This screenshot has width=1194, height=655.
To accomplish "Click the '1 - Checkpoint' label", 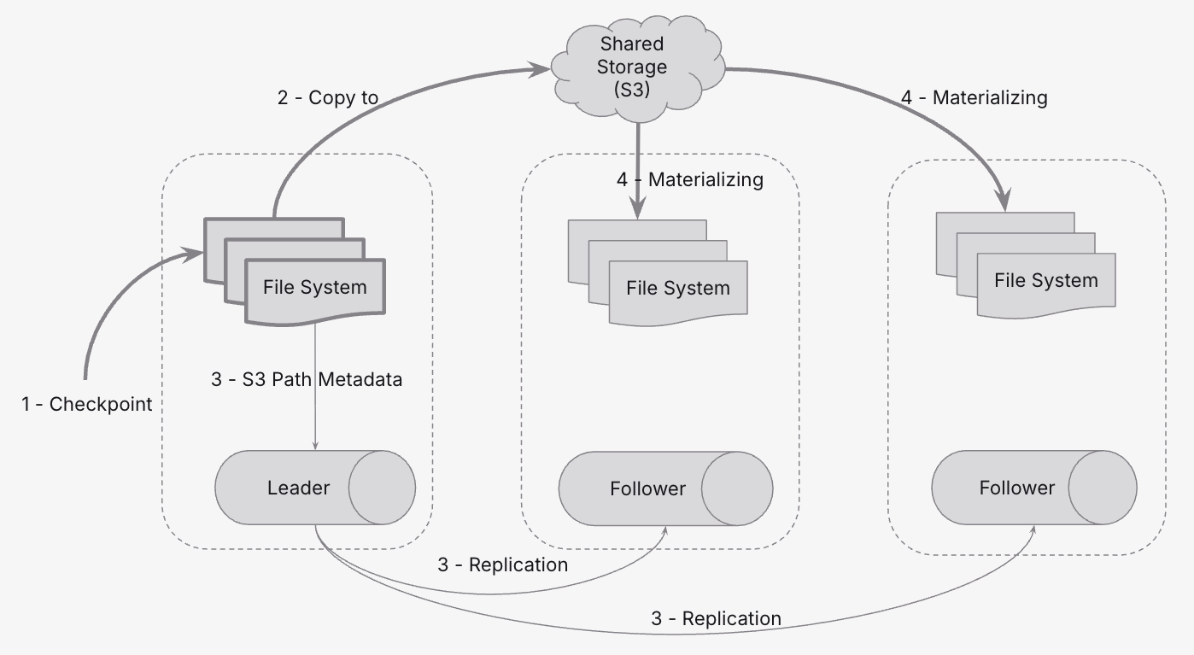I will pos(87,404).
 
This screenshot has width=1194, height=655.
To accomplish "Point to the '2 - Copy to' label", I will pos(328,97).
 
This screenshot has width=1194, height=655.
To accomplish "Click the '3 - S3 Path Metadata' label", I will pos(307,379).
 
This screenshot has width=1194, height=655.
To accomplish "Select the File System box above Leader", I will pos(314,288).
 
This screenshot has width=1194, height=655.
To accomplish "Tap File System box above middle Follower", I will pos(677,289).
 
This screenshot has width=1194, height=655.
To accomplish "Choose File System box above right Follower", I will pos(1045,281).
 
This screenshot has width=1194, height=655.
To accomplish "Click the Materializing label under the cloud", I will pos(689,179).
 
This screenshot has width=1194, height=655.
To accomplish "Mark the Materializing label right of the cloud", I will pos(975,97).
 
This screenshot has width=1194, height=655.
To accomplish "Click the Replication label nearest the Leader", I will pos(502,564).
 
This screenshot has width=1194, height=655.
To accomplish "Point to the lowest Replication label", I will pos(716,618).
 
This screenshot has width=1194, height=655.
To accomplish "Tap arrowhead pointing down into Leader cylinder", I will pos(316,446).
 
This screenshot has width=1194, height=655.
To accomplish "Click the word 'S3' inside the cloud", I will pos(631,90).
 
